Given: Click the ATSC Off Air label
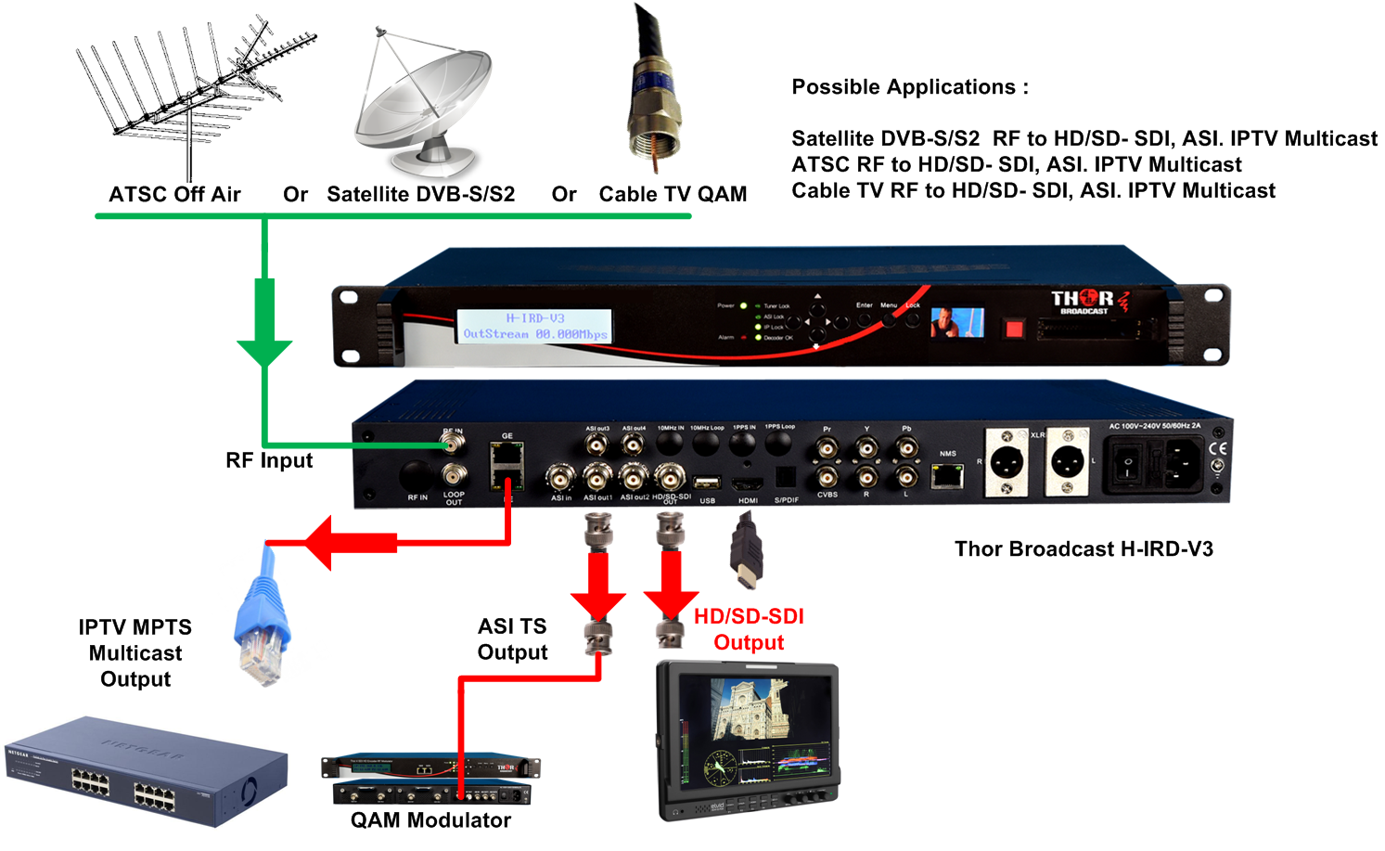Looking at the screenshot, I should (174, 195).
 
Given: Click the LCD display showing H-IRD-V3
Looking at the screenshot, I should (535, 326).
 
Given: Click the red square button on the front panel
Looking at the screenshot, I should (1014, 328).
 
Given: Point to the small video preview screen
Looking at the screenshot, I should (956, 322).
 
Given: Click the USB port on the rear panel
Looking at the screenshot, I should (707, 483).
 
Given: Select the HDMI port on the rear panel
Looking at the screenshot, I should (747, 484).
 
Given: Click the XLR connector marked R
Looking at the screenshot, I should (1006, 461).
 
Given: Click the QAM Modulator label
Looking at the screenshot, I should (430, 820).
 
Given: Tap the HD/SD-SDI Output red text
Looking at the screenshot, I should (749, 629).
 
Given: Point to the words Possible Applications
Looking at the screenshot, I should (909, 87).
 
